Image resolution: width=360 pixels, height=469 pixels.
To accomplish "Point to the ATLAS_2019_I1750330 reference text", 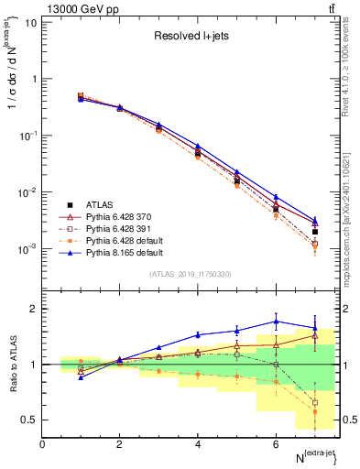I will click(191, 274).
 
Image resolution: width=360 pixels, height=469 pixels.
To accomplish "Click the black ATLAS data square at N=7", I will click(314, 232).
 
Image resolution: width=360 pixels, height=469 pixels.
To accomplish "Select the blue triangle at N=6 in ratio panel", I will click(276, 322).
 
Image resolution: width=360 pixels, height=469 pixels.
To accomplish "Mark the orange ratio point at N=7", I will click(314, 412).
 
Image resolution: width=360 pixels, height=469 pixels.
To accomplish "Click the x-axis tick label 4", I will click(198, 444).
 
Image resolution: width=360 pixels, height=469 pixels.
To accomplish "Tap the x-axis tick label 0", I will click(42, 444).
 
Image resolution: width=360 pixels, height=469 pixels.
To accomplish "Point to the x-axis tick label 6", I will click(276, 444).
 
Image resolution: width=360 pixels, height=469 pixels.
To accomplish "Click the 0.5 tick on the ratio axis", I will click(29, 420).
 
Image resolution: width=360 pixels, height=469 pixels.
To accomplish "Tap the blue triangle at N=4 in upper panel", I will click(198, 146).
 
